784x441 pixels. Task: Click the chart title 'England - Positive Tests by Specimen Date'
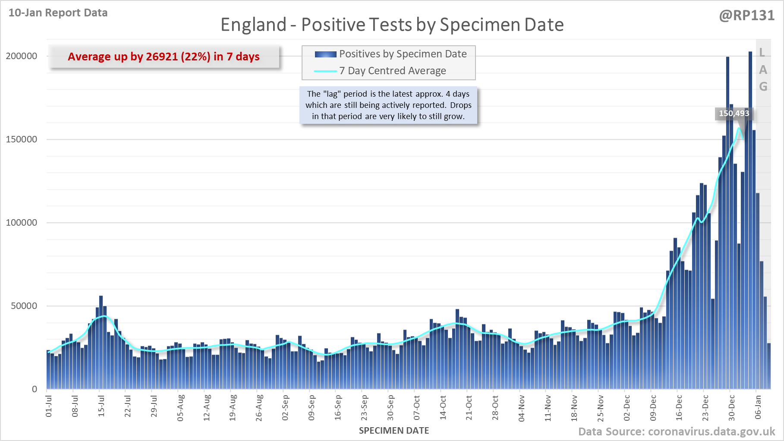(x=392, y=25)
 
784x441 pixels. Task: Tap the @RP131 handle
(x=747, y=16)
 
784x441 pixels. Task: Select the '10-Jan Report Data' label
(x=58, y=13)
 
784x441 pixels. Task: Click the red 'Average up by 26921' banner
(x=164, y=57)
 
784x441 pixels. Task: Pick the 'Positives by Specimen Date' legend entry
(x=403, y=54)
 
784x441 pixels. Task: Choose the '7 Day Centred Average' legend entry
(x=392, y=71)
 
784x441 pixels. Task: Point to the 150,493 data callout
(x=734, y=113)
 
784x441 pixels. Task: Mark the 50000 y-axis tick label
(x=24, y=306)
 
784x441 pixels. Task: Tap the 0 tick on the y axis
(x=35, y=389)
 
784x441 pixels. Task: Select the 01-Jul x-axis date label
(x=49, y=406)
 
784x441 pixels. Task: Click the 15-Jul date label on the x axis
(x=101, y=406)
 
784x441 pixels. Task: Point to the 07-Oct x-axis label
(x=417, y=407)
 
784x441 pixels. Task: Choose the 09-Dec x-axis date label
(x=653, y=407)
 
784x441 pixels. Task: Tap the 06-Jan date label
(x=758, y=407)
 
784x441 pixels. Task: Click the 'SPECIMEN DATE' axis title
(x=394, y=431)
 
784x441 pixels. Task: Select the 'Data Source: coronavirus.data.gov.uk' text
(x=677, y=432)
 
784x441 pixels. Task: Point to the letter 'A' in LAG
(x=763, y=70)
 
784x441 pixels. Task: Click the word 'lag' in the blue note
(x=331, y=94)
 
